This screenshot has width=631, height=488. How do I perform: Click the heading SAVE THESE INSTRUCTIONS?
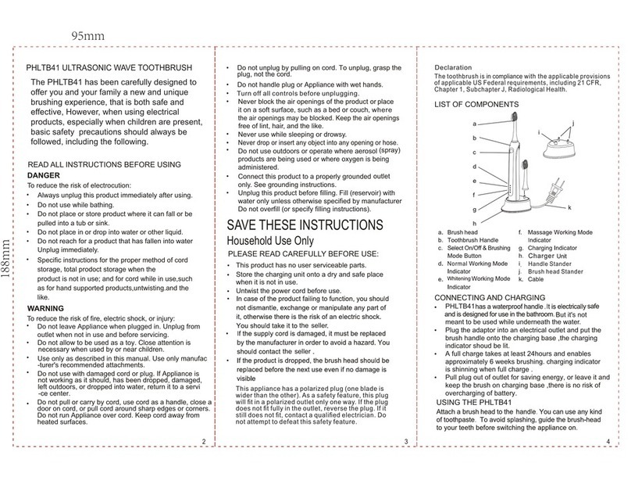click(304, 225)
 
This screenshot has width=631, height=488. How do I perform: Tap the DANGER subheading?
click(44, 176)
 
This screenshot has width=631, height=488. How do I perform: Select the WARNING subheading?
click(45, 308)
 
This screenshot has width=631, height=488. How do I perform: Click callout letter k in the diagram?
click(569, 206)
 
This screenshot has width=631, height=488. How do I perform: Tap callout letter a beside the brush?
click(474, 124)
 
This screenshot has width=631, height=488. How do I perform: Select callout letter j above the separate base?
click(572, 124)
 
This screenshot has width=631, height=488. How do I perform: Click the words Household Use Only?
click(269, 241)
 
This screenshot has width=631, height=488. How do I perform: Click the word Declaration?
click(455, 68)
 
